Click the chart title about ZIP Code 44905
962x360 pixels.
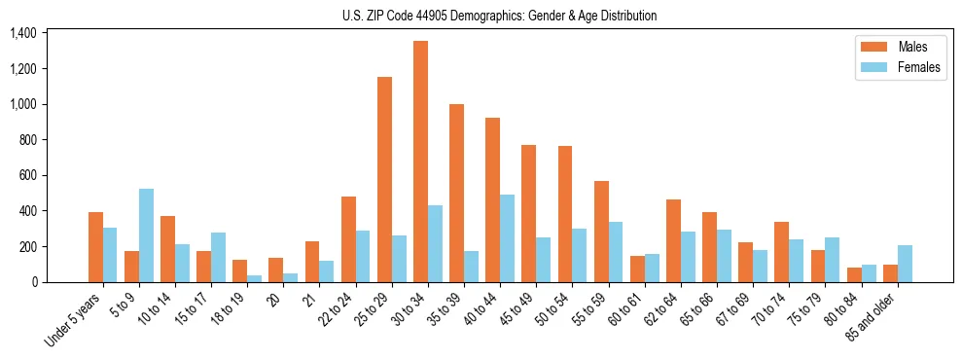pyautogui.click(x=499, y=16)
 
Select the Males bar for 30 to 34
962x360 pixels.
pyautogui.click(x=420, y=162)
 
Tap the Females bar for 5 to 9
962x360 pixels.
pyautogui.click(x=146, y=235)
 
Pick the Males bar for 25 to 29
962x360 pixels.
pyautogui.click(x=384, y=179)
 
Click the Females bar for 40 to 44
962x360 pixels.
pyautogui.click(x=507, y=238)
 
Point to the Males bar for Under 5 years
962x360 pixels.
pyautogui.click(x=95, y=247)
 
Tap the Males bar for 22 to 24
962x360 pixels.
pyautogui.click(x=348, y=239)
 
